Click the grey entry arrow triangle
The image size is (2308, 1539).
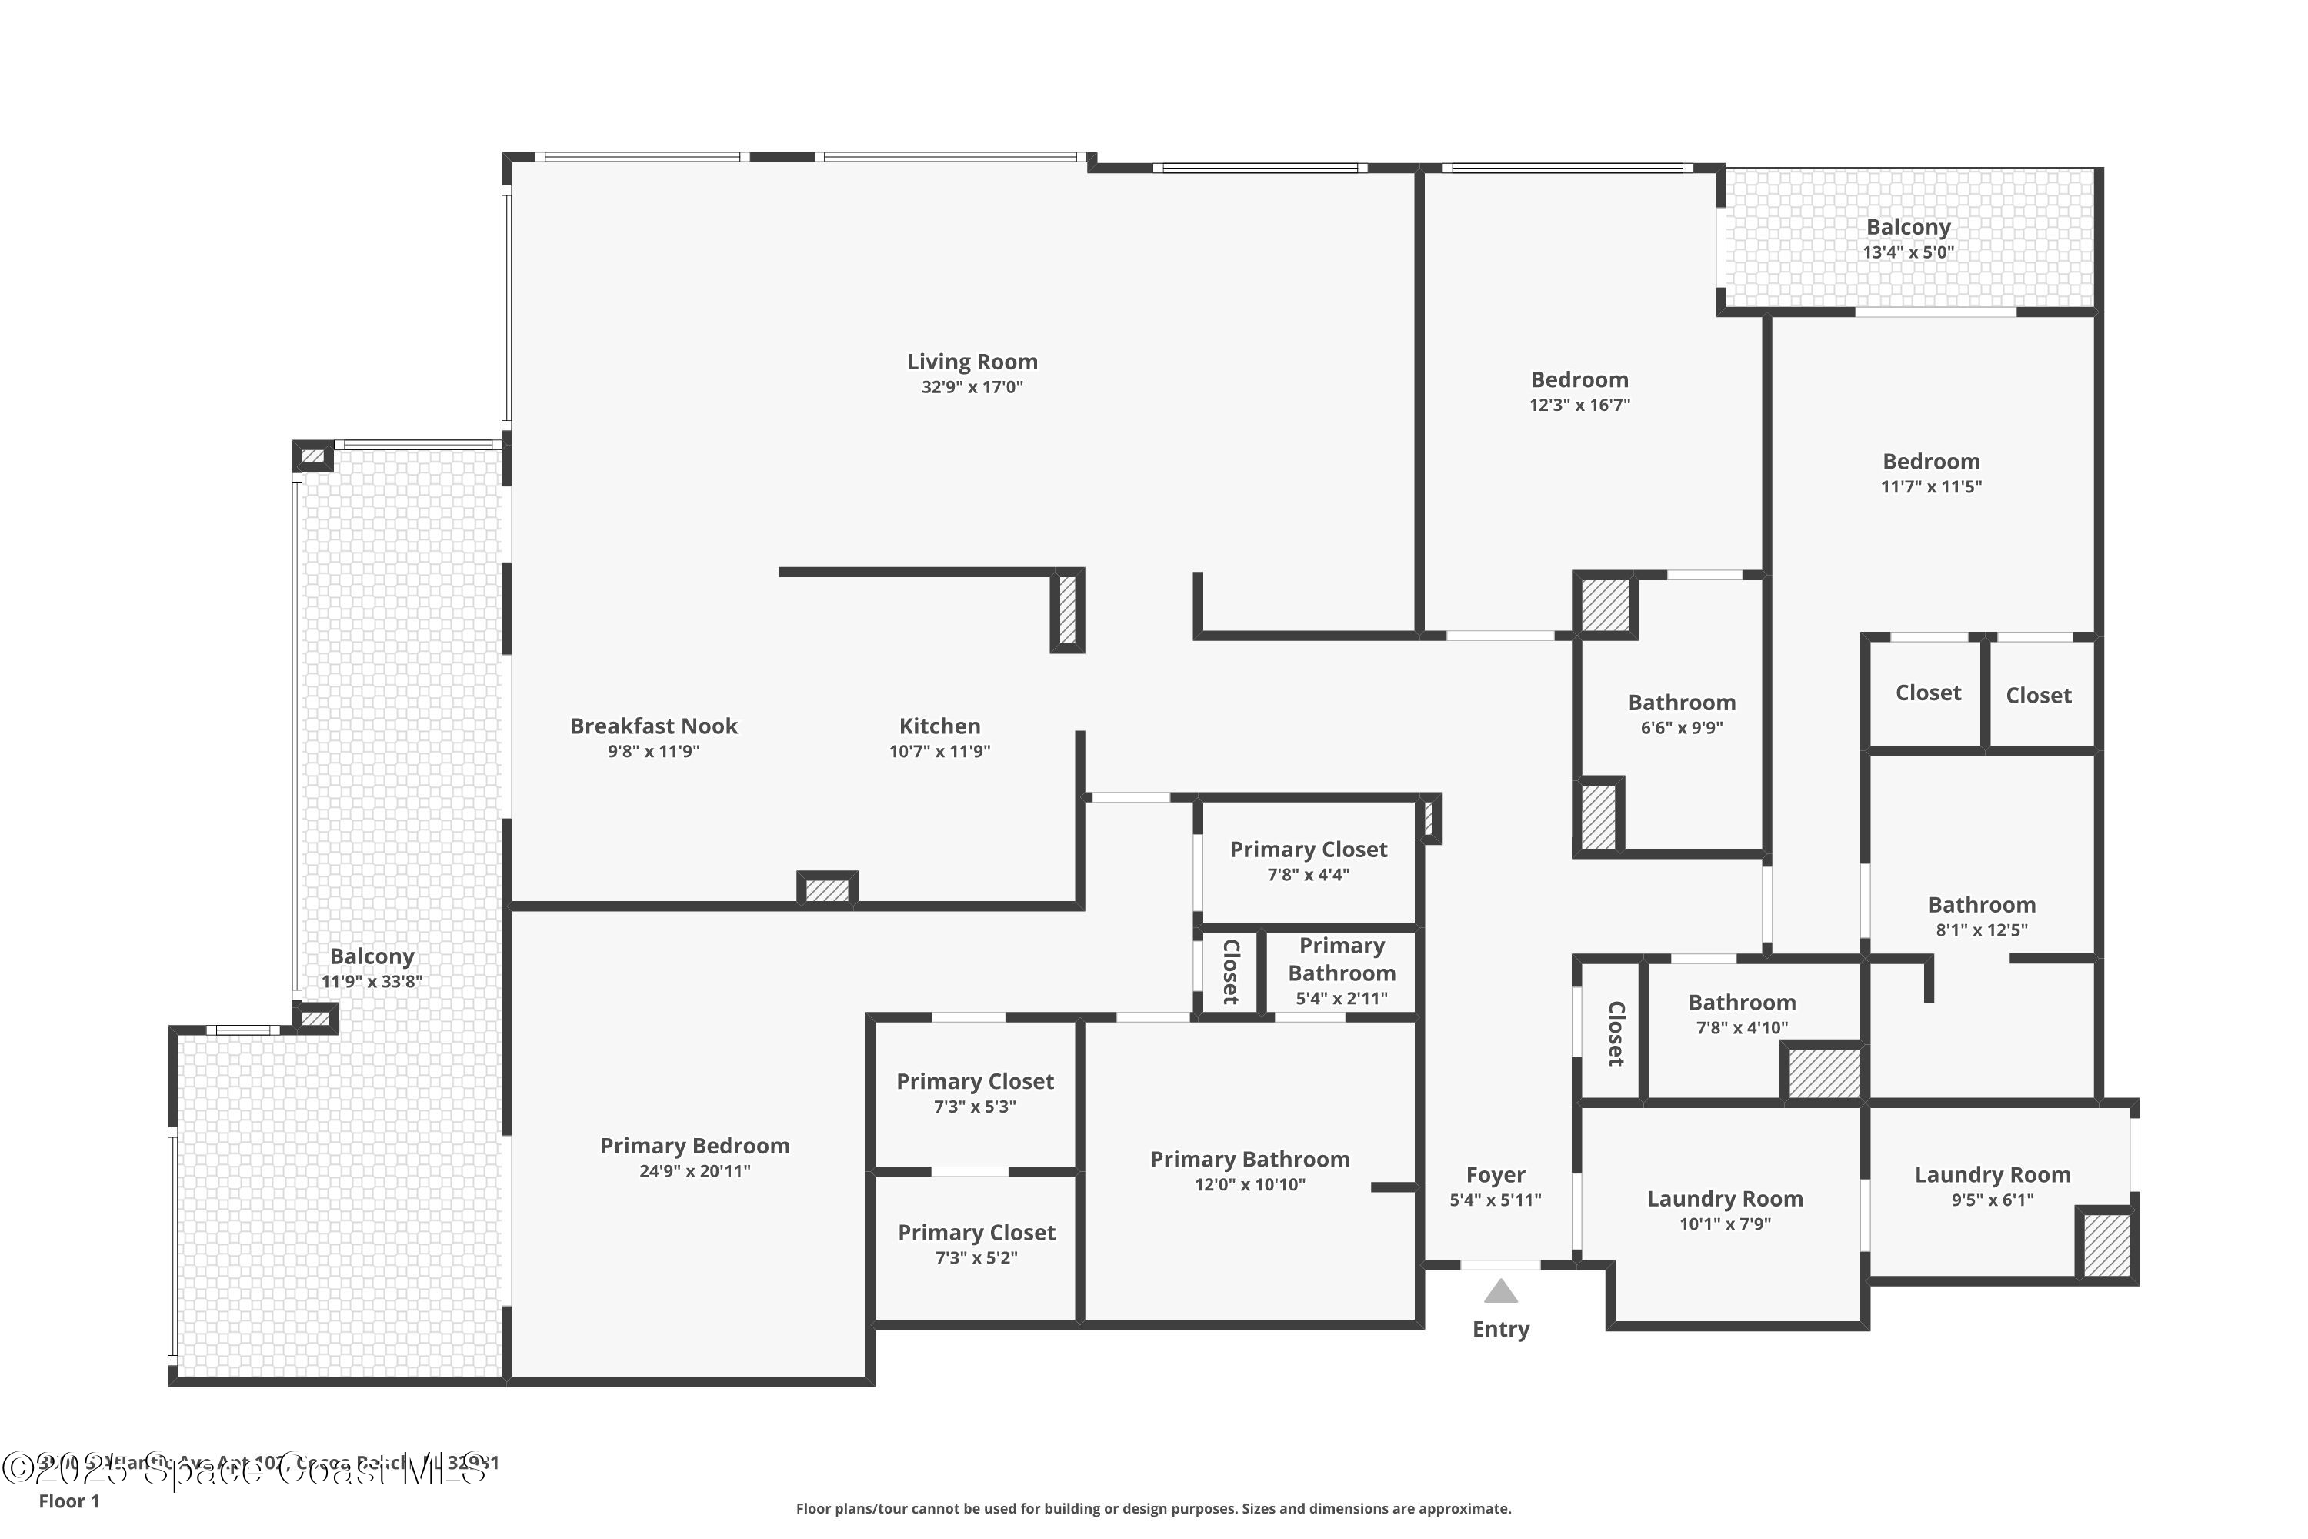[x=1500, y=1294]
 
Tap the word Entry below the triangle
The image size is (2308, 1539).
[x=1500, y=1329]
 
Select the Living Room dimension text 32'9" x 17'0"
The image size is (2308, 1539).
[x=972, y=388]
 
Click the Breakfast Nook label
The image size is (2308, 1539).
[x=653, y=726]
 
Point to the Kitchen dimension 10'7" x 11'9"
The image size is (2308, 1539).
[x=939, y=752]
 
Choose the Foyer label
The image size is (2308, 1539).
[x=1496, y=1175]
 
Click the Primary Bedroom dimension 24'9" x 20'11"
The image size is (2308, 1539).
[x=695, y=1171]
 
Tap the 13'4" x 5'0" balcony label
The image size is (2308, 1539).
[x=1908, y=252]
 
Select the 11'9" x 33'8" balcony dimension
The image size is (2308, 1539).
[x=372, y=982]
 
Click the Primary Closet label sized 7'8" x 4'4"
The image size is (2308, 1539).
[x=1308, y=850]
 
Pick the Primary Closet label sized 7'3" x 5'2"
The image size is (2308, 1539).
[x=976, y=1233]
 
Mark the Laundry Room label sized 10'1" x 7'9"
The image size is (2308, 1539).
[x=1724, y=1200]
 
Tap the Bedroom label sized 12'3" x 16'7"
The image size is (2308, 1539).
[x=1579, y=380]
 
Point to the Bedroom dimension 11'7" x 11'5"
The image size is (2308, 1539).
[x=1930, y=487]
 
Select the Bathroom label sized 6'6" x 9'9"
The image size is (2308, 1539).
[x=1681, y=703]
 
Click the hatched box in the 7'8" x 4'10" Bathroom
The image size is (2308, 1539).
[x=1823, y=1073]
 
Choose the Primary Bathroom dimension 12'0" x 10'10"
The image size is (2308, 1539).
[x=1249, y=1185]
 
